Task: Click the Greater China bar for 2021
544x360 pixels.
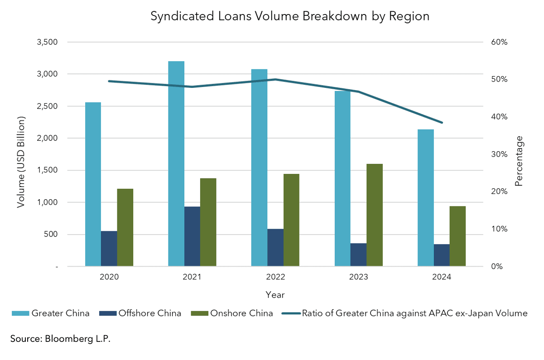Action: pyautogui.click(x=176, y=163)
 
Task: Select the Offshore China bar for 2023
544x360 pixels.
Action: pyautogui.click(x=358, y=254)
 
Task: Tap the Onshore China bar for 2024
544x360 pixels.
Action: pyautogui.click(x=457, y=236)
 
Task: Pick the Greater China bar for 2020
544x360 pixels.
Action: pyautogui.click(x=93, y=184)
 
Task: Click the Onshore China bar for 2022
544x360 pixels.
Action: pyautogui.click(x=291, y=220)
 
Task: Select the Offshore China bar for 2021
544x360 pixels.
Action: pyautogui.click(x=192, y=236)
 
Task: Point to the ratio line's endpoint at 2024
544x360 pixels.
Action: pyautogui.click(x=442, y=123)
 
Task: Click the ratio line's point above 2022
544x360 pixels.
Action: pyautogui.click(x=275, y=79)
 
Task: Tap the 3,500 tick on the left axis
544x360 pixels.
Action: pyautogui.click(x=47, y=42)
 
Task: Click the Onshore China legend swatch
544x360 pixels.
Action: pyautogui.click(x=200, y=313)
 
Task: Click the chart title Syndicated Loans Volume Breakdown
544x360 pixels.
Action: pyautogui.click(x=289, y=16)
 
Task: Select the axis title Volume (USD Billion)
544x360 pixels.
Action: pyautogui.click(x=21, y=162)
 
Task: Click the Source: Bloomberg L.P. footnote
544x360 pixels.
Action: pyautogui.click(x=60, y=339)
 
